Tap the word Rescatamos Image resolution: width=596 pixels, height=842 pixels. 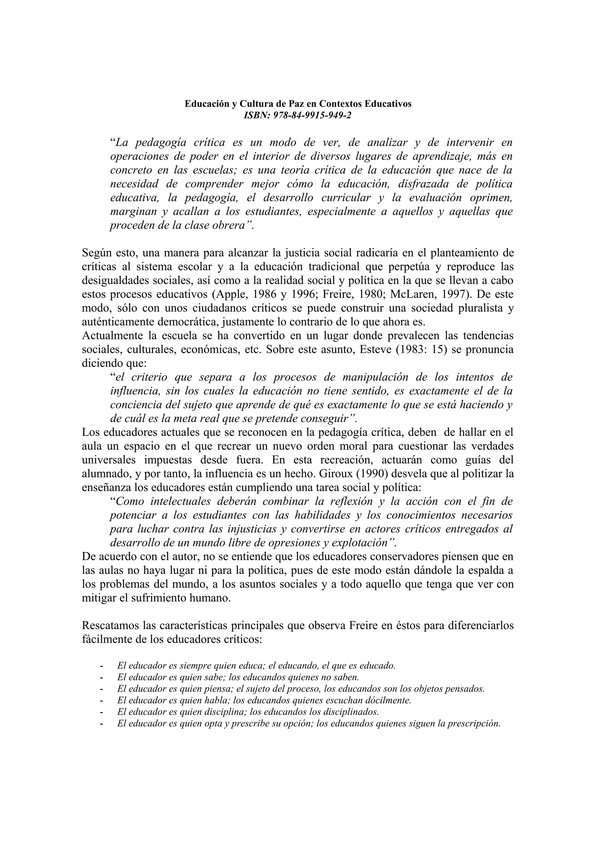(x=111, y=625)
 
